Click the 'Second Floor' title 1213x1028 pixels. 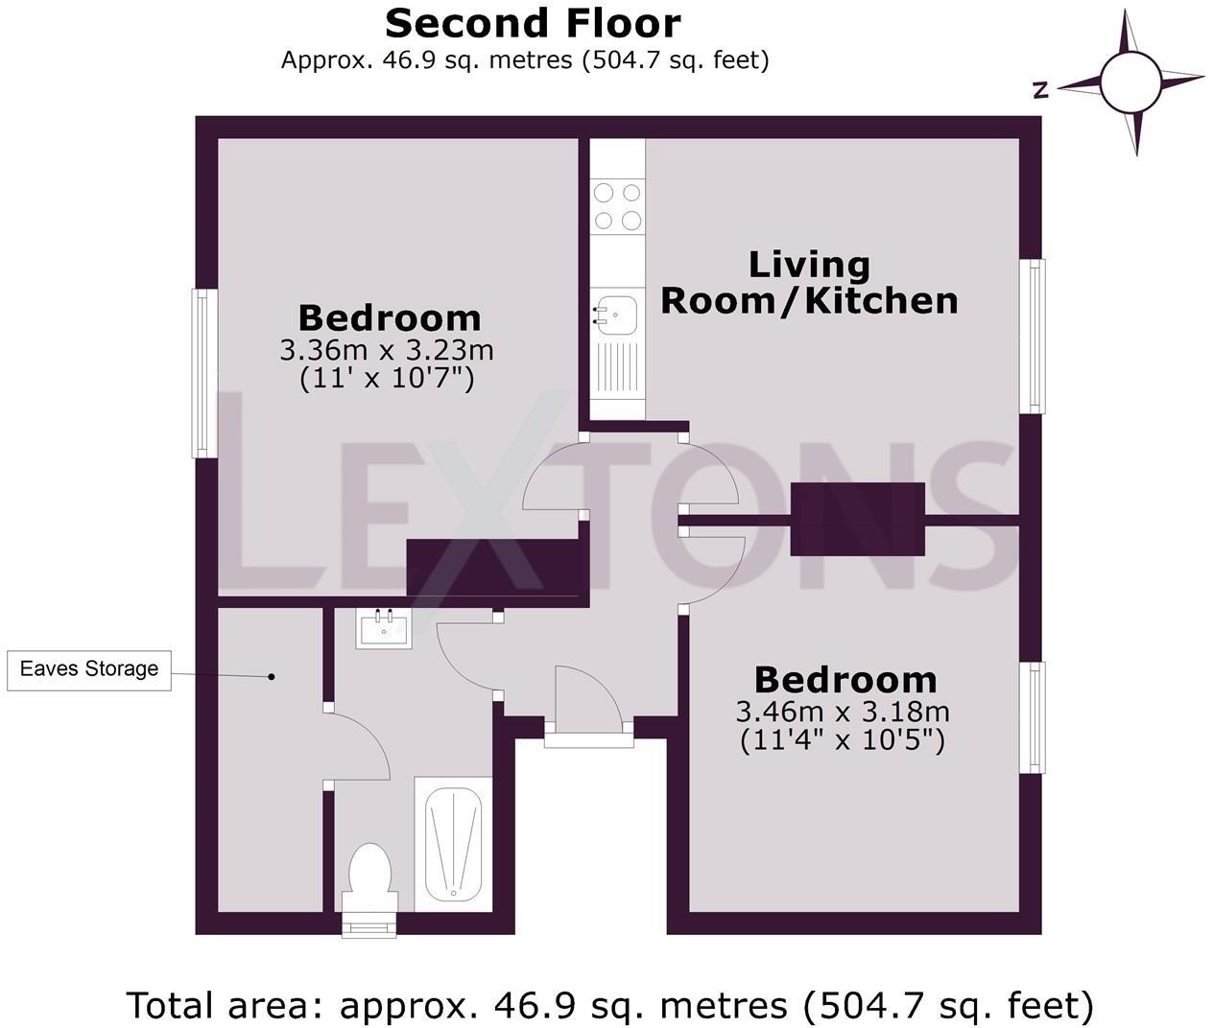point(533,24)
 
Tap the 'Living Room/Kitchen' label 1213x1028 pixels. point(809,283)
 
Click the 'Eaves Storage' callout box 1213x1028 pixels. point(89,670)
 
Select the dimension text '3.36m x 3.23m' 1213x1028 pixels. point(386,351)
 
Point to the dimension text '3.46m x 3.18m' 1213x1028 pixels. point(843,712)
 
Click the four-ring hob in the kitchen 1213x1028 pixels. point(617,206)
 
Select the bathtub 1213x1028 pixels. point(453,845)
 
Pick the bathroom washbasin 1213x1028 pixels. point(384,628)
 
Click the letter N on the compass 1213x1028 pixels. point(1040,91)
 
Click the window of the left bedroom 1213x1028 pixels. point(204,373)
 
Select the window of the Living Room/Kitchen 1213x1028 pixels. point(1033,336)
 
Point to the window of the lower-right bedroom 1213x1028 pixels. point(1033,717)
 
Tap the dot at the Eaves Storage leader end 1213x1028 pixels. point(272,677)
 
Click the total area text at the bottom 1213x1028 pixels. point(610,1005)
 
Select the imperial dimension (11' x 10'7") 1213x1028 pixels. point(386,379)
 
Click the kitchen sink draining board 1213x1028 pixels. point(616,370)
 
